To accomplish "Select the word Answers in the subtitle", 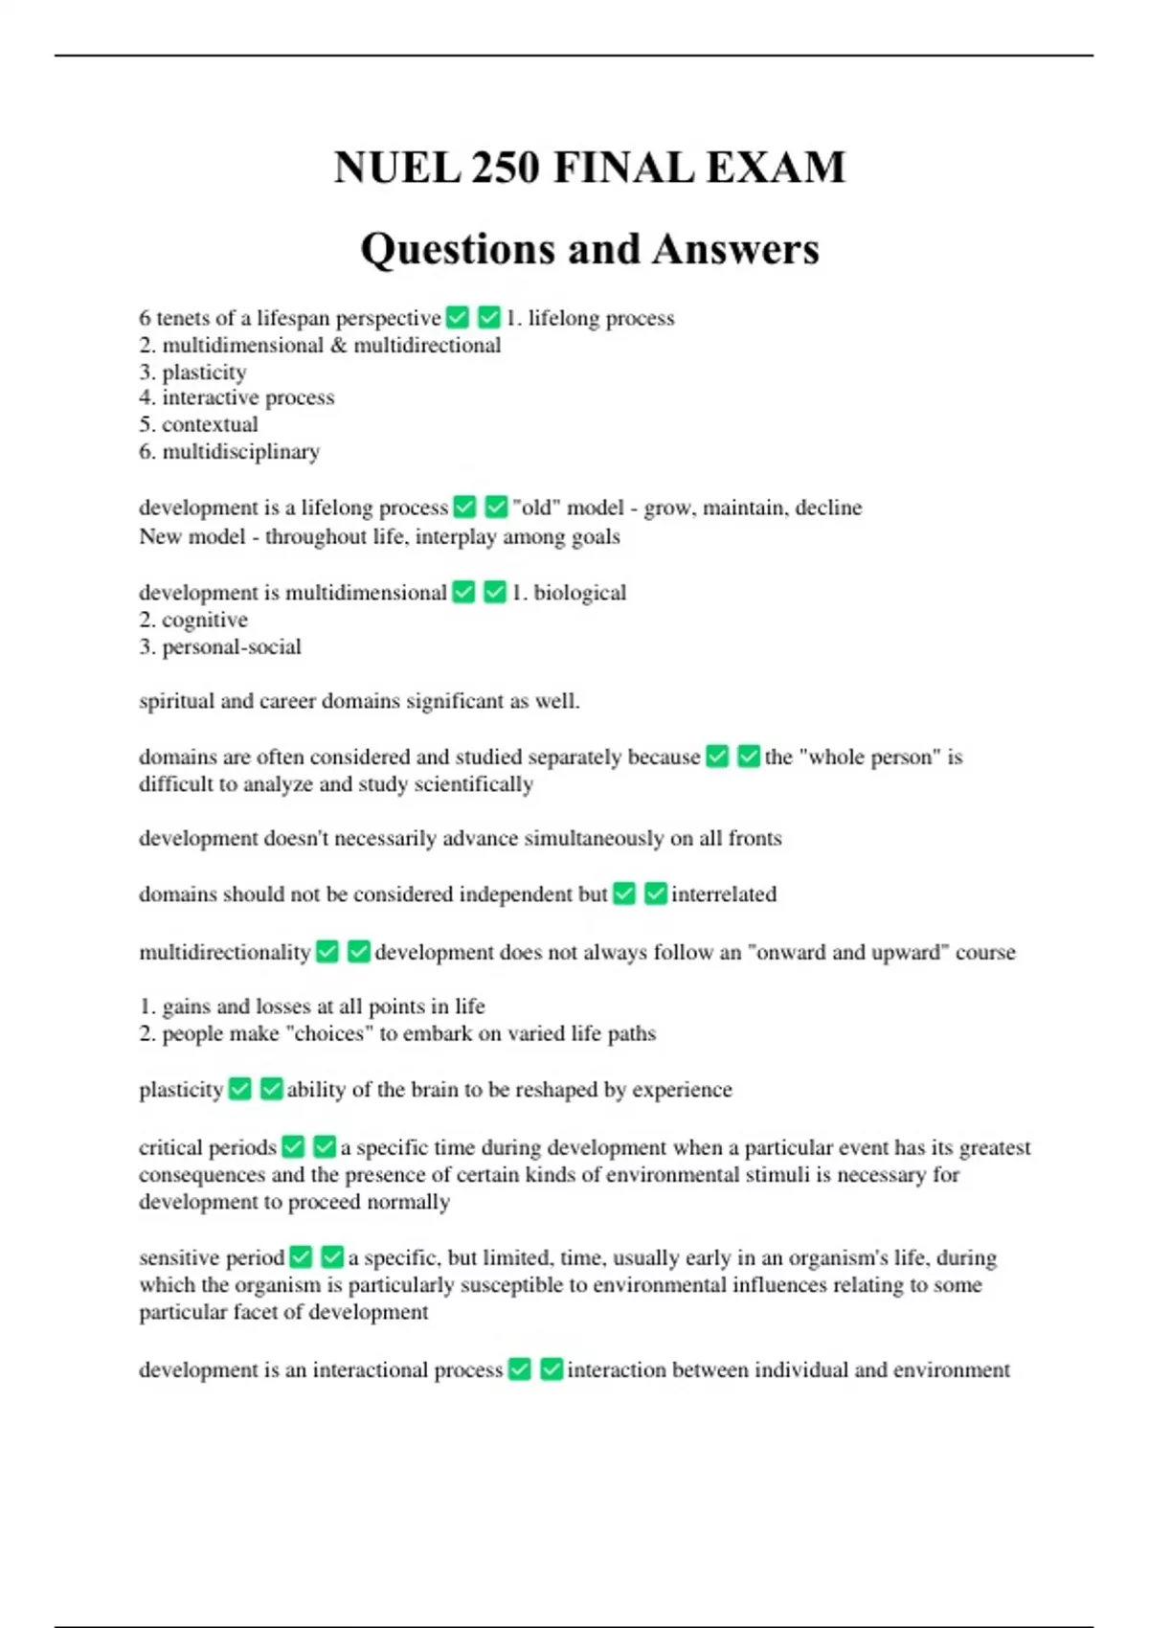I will (736, 249).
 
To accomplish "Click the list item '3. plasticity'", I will (192, 372).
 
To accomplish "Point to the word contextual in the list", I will (210, 424).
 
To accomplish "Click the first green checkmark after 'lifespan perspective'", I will (458, 317).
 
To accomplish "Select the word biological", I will (579, 593).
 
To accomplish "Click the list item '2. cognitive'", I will (193, 620).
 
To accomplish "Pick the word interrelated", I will (723, 894).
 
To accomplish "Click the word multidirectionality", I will (225, 953).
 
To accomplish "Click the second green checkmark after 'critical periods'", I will (325, 1146).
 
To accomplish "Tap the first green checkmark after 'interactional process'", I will (520, 1369).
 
